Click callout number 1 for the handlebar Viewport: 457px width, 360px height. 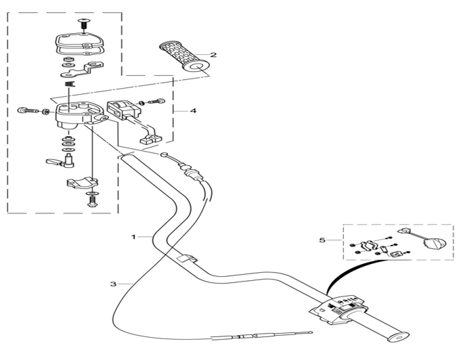(133, 237)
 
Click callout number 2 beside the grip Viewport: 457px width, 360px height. (213, 55)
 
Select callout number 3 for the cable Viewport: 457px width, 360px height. (113, 284)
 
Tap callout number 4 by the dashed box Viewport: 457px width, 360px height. (193, 111)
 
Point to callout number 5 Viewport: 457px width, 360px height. (322, 240)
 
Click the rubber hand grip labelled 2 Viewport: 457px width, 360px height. (183, 57)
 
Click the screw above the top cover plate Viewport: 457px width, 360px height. (84, 24)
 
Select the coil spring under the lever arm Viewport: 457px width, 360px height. (70, 84)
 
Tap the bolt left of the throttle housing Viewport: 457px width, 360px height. (28, 110)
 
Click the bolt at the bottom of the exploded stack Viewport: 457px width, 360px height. (92, 201)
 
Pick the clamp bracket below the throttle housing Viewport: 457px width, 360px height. (83, 183)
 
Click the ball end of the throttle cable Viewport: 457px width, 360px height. (164, 154)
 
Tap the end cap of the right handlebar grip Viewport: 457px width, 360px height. (398, 336)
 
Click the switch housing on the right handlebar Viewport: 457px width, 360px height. (338, 310)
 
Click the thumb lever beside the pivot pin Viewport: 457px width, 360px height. (54, 161)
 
